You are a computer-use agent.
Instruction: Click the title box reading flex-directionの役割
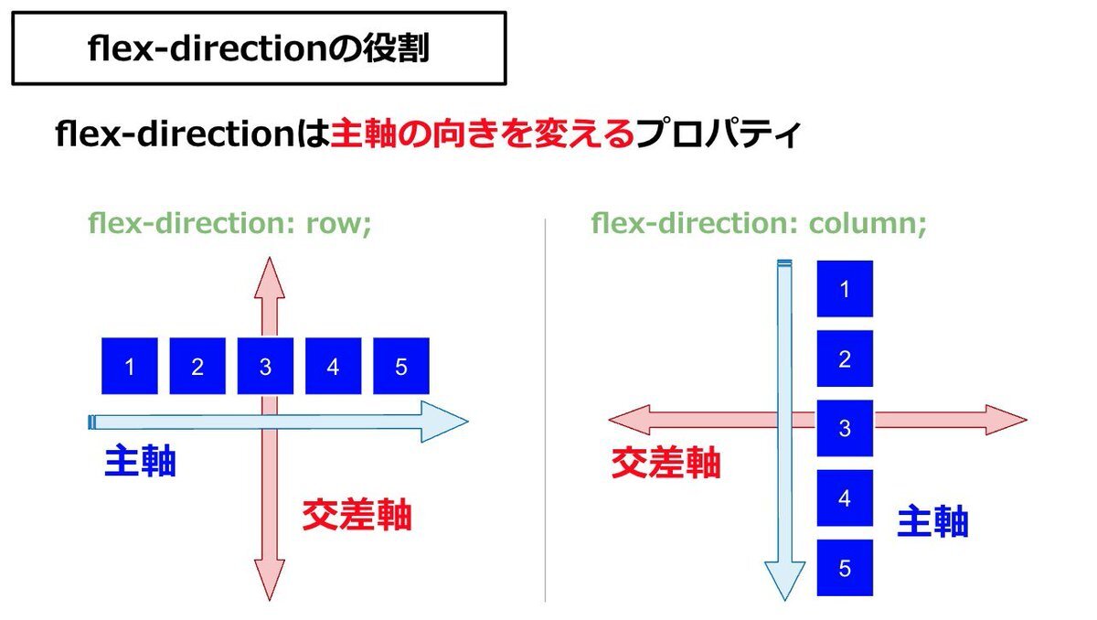(259, 48)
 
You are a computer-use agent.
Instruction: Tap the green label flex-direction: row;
(229, 223)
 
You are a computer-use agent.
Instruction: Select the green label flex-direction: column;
(759, 223)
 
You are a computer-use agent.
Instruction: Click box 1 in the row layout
(130, 367)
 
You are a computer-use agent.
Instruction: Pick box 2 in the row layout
(197, 367)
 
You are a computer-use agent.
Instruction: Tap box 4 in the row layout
(333, 367)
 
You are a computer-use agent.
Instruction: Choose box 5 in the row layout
(401, 367)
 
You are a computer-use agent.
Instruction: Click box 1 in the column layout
(845, 289)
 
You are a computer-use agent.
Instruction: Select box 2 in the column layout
(845, 358)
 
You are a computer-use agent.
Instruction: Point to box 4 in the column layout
(845, 498)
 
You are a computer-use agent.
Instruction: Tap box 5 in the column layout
(845, 568)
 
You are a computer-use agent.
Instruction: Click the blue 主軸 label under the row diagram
(140, 462)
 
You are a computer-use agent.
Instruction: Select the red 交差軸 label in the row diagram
(357, 517)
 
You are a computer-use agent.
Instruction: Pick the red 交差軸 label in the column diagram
(666, 464)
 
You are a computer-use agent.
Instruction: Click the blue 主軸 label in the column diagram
(932, 522)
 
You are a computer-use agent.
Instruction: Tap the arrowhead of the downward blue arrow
(784, 581)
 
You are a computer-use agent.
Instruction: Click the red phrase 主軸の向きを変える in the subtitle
(482, 136)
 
